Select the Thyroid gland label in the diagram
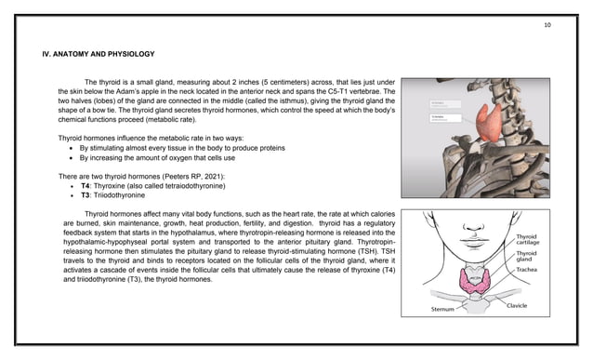(526, 257)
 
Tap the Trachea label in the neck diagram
(527, 270)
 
